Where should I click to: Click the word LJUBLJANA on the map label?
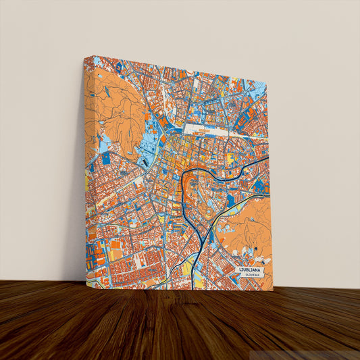tap(253, 269)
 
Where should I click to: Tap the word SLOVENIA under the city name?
tap(252, 276)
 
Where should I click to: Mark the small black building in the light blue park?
tap(145, 161)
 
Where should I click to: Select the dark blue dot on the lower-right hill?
tap(255, 251)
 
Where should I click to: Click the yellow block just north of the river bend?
tap(230, 158)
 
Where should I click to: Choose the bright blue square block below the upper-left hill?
tap(106, 158)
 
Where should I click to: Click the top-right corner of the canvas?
tap(266, 85)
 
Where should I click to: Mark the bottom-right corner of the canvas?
tap(273, 290)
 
